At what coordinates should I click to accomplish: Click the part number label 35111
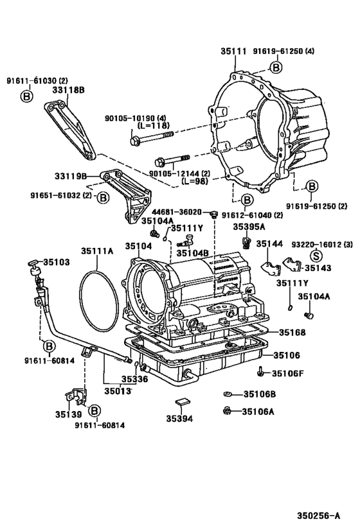coord(233,51)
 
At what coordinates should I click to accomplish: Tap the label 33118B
coord(68,90)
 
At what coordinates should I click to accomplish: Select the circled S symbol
coord(316,256)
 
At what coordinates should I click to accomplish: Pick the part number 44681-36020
coord(177,212)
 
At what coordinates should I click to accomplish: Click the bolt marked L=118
coord(152,139)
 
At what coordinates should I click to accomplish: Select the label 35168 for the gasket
coord(292,333)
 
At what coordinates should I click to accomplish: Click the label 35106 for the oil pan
coord(287,355)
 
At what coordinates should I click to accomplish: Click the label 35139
coord(69,415)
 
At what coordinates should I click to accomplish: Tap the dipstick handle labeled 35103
coord(34,267)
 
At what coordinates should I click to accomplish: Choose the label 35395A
coord(249,227)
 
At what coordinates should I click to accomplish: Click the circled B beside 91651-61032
coord(103,198)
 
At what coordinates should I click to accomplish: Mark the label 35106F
coord(288,373)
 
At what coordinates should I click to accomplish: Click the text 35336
coord(134,379)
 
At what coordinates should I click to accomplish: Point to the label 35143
coord(318,268)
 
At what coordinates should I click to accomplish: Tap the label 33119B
coord(71,176)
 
